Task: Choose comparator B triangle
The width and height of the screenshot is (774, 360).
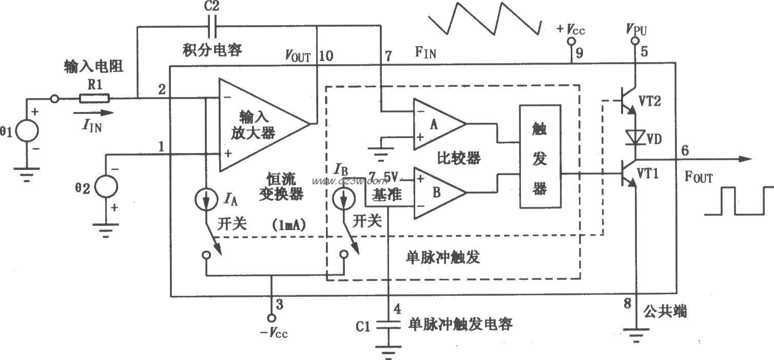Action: point(438,192)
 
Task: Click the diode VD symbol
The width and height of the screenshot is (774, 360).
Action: point(636,138)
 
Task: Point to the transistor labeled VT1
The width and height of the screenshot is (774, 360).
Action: point(629,175)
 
